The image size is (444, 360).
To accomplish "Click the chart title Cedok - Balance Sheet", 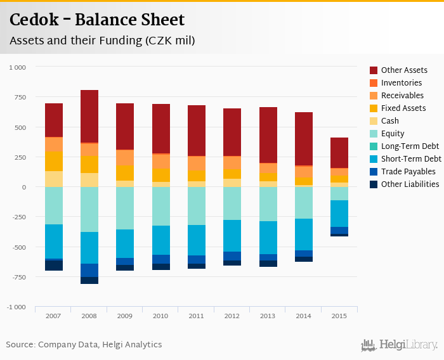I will coord(97,20).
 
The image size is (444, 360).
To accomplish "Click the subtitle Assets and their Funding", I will coord(101,41).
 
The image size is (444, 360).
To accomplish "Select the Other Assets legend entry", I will coord(404,70).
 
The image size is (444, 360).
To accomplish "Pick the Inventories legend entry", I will coord(402,83).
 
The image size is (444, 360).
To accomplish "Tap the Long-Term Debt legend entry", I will coord(410,146).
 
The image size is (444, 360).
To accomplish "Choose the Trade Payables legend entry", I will coord(408,172).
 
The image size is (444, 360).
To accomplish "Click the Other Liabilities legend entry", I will coord(410,184).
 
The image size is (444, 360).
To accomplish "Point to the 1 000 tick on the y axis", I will coord(17,67).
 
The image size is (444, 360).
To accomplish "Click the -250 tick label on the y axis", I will coord(19,217).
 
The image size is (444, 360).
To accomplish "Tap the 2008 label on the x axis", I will coord(89,315).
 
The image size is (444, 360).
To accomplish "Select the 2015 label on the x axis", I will coord(339,315).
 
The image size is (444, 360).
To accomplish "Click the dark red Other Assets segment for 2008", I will coord(89,116).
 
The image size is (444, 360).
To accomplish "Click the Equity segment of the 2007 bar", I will coord(54,205).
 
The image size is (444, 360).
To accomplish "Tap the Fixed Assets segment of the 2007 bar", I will coord(54,161).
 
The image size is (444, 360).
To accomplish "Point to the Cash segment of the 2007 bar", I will coord(54,179).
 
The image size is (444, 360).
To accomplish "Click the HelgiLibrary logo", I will coord(400,345).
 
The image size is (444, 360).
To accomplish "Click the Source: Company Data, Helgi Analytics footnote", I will coord(84,345).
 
